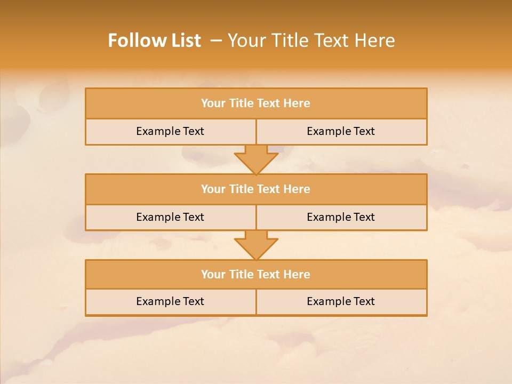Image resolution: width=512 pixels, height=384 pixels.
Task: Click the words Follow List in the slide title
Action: pyautogui.click(x=154, y=41)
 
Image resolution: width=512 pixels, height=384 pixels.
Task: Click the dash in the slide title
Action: pyautogui.click(x=216, y=41)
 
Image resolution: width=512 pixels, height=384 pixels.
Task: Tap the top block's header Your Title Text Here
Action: pyautogui.click(x=255, y=103)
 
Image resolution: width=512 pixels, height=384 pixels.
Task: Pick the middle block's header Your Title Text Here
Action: pyautogui.click(x=255, y=189)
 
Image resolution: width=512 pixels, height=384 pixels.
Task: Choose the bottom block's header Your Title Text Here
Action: pyautogui.click(x=255, y=274)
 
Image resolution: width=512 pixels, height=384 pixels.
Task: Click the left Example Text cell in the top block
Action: pyautogui.click(x=170, y=131)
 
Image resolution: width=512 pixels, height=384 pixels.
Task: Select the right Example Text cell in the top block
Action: pyautogui.click(x=341, y=131)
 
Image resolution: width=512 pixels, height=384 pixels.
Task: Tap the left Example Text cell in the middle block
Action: pyautogui.click(x=170, y=217)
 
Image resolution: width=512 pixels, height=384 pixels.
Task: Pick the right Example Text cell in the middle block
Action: pyautogui.click(x=341, y=217)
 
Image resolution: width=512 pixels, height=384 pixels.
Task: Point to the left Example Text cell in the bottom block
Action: pyautogui.click(x=170, y=301)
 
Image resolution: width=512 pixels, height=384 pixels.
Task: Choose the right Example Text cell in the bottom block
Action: pyautogui.click(x=341, y=301)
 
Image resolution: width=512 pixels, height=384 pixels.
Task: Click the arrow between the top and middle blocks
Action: pyautogui.click(x=256, y=159)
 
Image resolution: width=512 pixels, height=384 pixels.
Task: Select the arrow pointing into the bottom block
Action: pyautogui.click(x=256, y=245)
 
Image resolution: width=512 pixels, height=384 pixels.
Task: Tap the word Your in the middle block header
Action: pyautogui.click(x=213, y=189)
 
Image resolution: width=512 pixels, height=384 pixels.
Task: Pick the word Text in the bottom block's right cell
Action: pyautogui.click(x=364, y=301)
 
